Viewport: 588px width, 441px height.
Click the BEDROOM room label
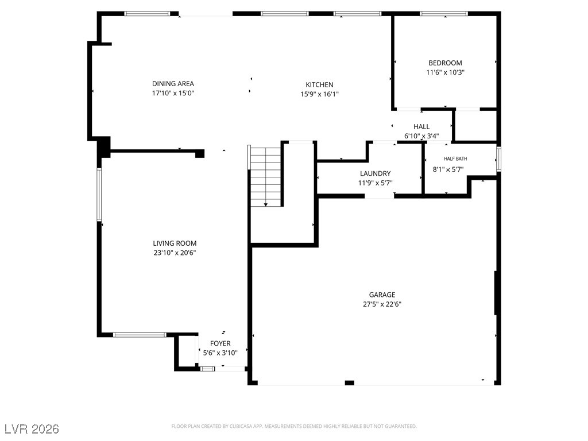click(445, 63)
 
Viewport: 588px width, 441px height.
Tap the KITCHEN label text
click(319, 85)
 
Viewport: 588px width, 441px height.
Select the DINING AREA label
click(173, 84)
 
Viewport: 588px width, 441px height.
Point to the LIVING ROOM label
click(175, 243)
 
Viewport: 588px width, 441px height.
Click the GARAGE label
click(382, 295)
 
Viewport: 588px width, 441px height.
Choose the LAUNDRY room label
click(376, 173)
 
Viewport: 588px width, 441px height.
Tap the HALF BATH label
click(455, 159)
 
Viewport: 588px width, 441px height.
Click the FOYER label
click(220, 343)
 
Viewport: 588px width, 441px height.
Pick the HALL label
click(421, 127)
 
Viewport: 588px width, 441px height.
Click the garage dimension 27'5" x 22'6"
click(382, 304)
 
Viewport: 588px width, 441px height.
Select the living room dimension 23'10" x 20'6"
click(175, 253)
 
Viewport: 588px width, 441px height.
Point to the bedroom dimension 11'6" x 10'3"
click(445, 72)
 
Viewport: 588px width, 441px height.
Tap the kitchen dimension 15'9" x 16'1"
click(319, 94)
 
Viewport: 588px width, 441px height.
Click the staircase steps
click(265, 176)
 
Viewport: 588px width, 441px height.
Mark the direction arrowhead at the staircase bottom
click(266, 205)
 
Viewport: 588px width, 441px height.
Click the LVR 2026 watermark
click(32, 429)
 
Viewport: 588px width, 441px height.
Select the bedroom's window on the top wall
click(444, 14)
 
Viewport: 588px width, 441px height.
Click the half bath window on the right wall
click(499, 159)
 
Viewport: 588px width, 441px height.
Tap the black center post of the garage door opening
click(350, 383)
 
